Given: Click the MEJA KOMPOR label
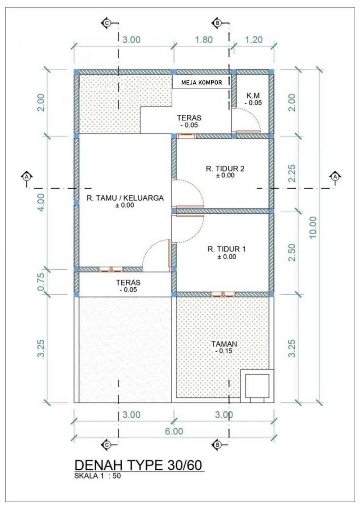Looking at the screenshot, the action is (201, 83).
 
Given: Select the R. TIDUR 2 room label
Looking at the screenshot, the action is (225, 169).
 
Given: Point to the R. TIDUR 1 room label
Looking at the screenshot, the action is (226, 249).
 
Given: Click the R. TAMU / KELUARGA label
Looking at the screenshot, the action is (125, 198).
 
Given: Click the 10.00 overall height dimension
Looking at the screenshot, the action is (313, 227).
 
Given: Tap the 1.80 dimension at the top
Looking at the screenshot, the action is (204, 40).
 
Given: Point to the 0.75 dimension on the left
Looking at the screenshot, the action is (41, 282).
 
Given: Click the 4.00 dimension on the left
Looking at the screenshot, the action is (41, 202).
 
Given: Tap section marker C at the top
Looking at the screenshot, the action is (107, 23).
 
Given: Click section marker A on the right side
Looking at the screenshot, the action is (335, 177).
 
